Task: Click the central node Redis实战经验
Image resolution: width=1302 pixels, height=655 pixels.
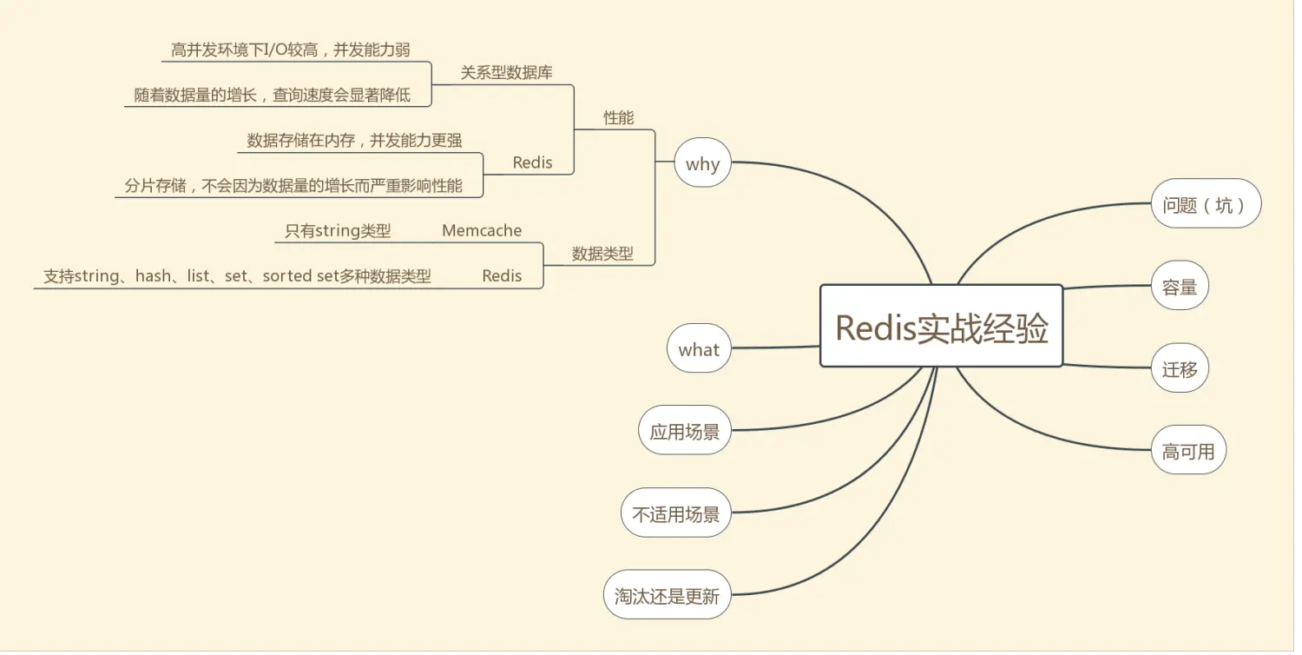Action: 942,327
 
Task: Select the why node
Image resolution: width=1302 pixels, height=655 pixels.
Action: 702,162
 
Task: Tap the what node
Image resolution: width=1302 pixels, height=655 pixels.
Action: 699,348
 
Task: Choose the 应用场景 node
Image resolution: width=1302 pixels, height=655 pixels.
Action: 684,430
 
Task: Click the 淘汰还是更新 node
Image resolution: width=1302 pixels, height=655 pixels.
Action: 667,595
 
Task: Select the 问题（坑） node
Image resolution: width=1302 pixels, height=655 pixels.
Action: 1206,204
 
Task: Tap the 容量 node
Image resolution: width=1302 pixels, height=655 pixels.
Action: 1180,286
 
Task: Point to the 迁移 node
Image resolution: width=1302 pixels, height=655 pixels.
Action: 1180,368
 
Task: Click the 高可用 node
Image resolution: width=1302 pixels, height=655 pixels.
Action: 1188,450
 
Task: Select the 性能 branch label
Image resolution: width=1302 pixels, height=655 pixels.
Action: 618,117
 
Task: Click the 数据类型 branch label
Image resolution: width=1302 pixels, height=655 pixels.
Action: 602,254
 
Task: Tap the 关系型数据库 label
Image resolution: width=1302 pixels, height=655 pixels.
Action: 506,72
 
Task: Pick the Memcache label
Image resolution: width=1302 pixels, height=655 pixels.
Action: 482,230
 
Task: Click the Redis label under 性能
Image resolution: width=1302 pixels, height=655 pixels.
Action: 532,162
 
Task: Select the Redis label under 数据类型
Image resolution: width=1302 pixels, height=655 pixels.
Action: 502,275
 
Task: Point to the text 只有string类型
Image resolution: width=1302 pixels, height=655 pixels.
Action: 338,230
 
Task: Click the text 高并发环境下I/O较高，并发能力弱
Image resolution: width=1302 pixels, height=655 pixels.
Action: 290,50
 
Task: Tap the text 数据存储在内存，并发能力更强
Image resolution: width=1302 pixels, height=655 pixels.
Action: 354,140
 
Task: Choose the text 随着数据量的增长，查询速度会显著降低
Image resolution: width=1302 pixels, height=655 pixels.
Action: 272,95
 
